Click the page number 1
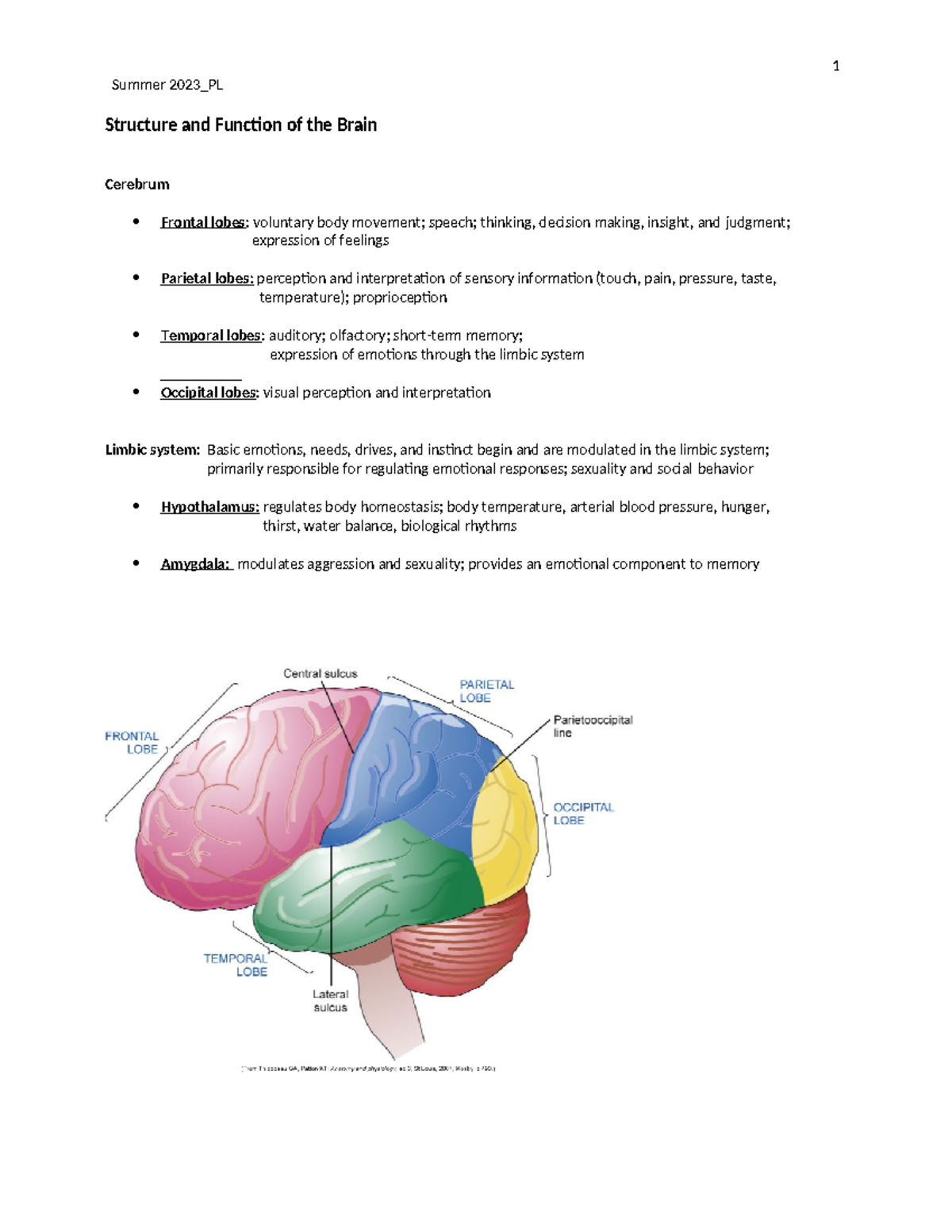tap(835, 67)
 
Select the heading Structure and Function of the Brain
tap(240, 125)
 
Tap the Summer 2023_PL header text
tap(167, 85)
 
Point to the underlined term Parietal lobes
tap(206, 278)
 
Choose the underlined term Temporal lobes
tap(210, 336)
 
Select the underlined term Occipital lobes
tap(209, 393)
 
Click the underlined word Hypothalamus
tap(209, 507)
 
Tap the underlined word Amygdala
tap(195, 564)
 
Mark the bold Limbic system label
tap(152, 450)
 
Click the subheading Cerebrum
tap(137, 184)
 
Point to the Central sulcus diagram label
tap(321, 674)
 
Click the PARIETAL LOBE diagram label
tap(486, 691)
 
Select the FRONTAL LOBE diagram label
tap(132, 743)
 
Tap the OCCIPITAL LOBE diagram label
tap(583, 814)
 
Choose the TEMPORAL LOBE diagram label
tap(236, 965)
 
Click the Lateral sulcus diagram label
tap(330, 1000)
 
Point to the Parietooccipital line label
tap(592, 726)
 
